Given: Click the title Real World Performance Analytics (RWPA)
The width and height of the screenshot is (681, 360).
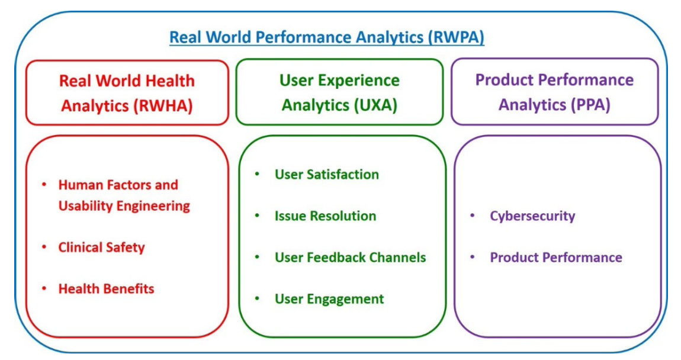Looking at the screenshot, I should click(x=327, y=38).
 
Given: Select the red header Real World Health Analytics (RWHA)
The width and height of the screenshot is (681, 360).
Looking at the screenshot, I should click(x=127, y=93).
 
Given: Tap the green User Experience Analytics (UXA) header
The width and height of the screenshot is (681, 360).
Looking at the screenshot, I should click(x=339, y=92).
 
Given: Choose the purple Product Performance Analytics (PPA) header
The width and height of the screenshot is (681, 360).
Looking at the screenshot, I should click(x=554, y=92).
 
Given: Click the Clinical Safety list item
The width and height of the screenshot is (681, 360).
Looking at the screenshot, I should click(x=101, y=247).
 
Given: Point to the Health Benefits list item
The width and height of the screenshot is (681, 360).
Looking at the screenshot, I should click(x=106, y=289).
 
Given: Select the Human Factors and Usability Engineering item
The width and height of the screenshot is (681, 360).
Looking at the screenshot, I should click(x=124, y=195).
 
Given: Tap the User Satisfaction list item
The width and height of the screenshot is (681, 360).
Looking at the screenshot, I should click(x=326, y=175).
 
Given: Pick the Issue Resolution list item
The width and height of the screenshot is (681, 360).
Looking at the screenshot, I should click(x=325, y=216).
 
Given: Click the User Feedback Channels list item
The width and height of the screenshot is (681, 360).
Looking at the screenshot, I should click(x=350, y=258).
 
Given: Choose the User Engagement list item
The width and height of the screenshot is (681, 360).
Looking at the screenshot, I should click(x=329, y=299).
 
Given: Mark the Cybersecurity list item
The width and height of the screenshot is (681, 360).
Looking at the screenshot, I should click(x=532, y=216).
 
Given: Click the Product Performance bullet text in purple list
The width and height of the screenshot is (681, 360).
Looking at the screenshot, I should click(x=555, y=258).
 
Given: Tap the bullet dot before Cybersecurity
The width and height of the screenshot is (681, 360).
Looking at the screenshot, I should click(x=472, y=216).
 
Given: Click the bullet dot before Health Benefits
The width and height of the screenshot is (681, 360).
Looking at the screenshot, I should click(x=44, y=288).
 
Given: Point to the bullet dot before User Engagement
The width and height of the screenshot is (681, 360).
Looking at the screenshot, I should click(x=257, y=298).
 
